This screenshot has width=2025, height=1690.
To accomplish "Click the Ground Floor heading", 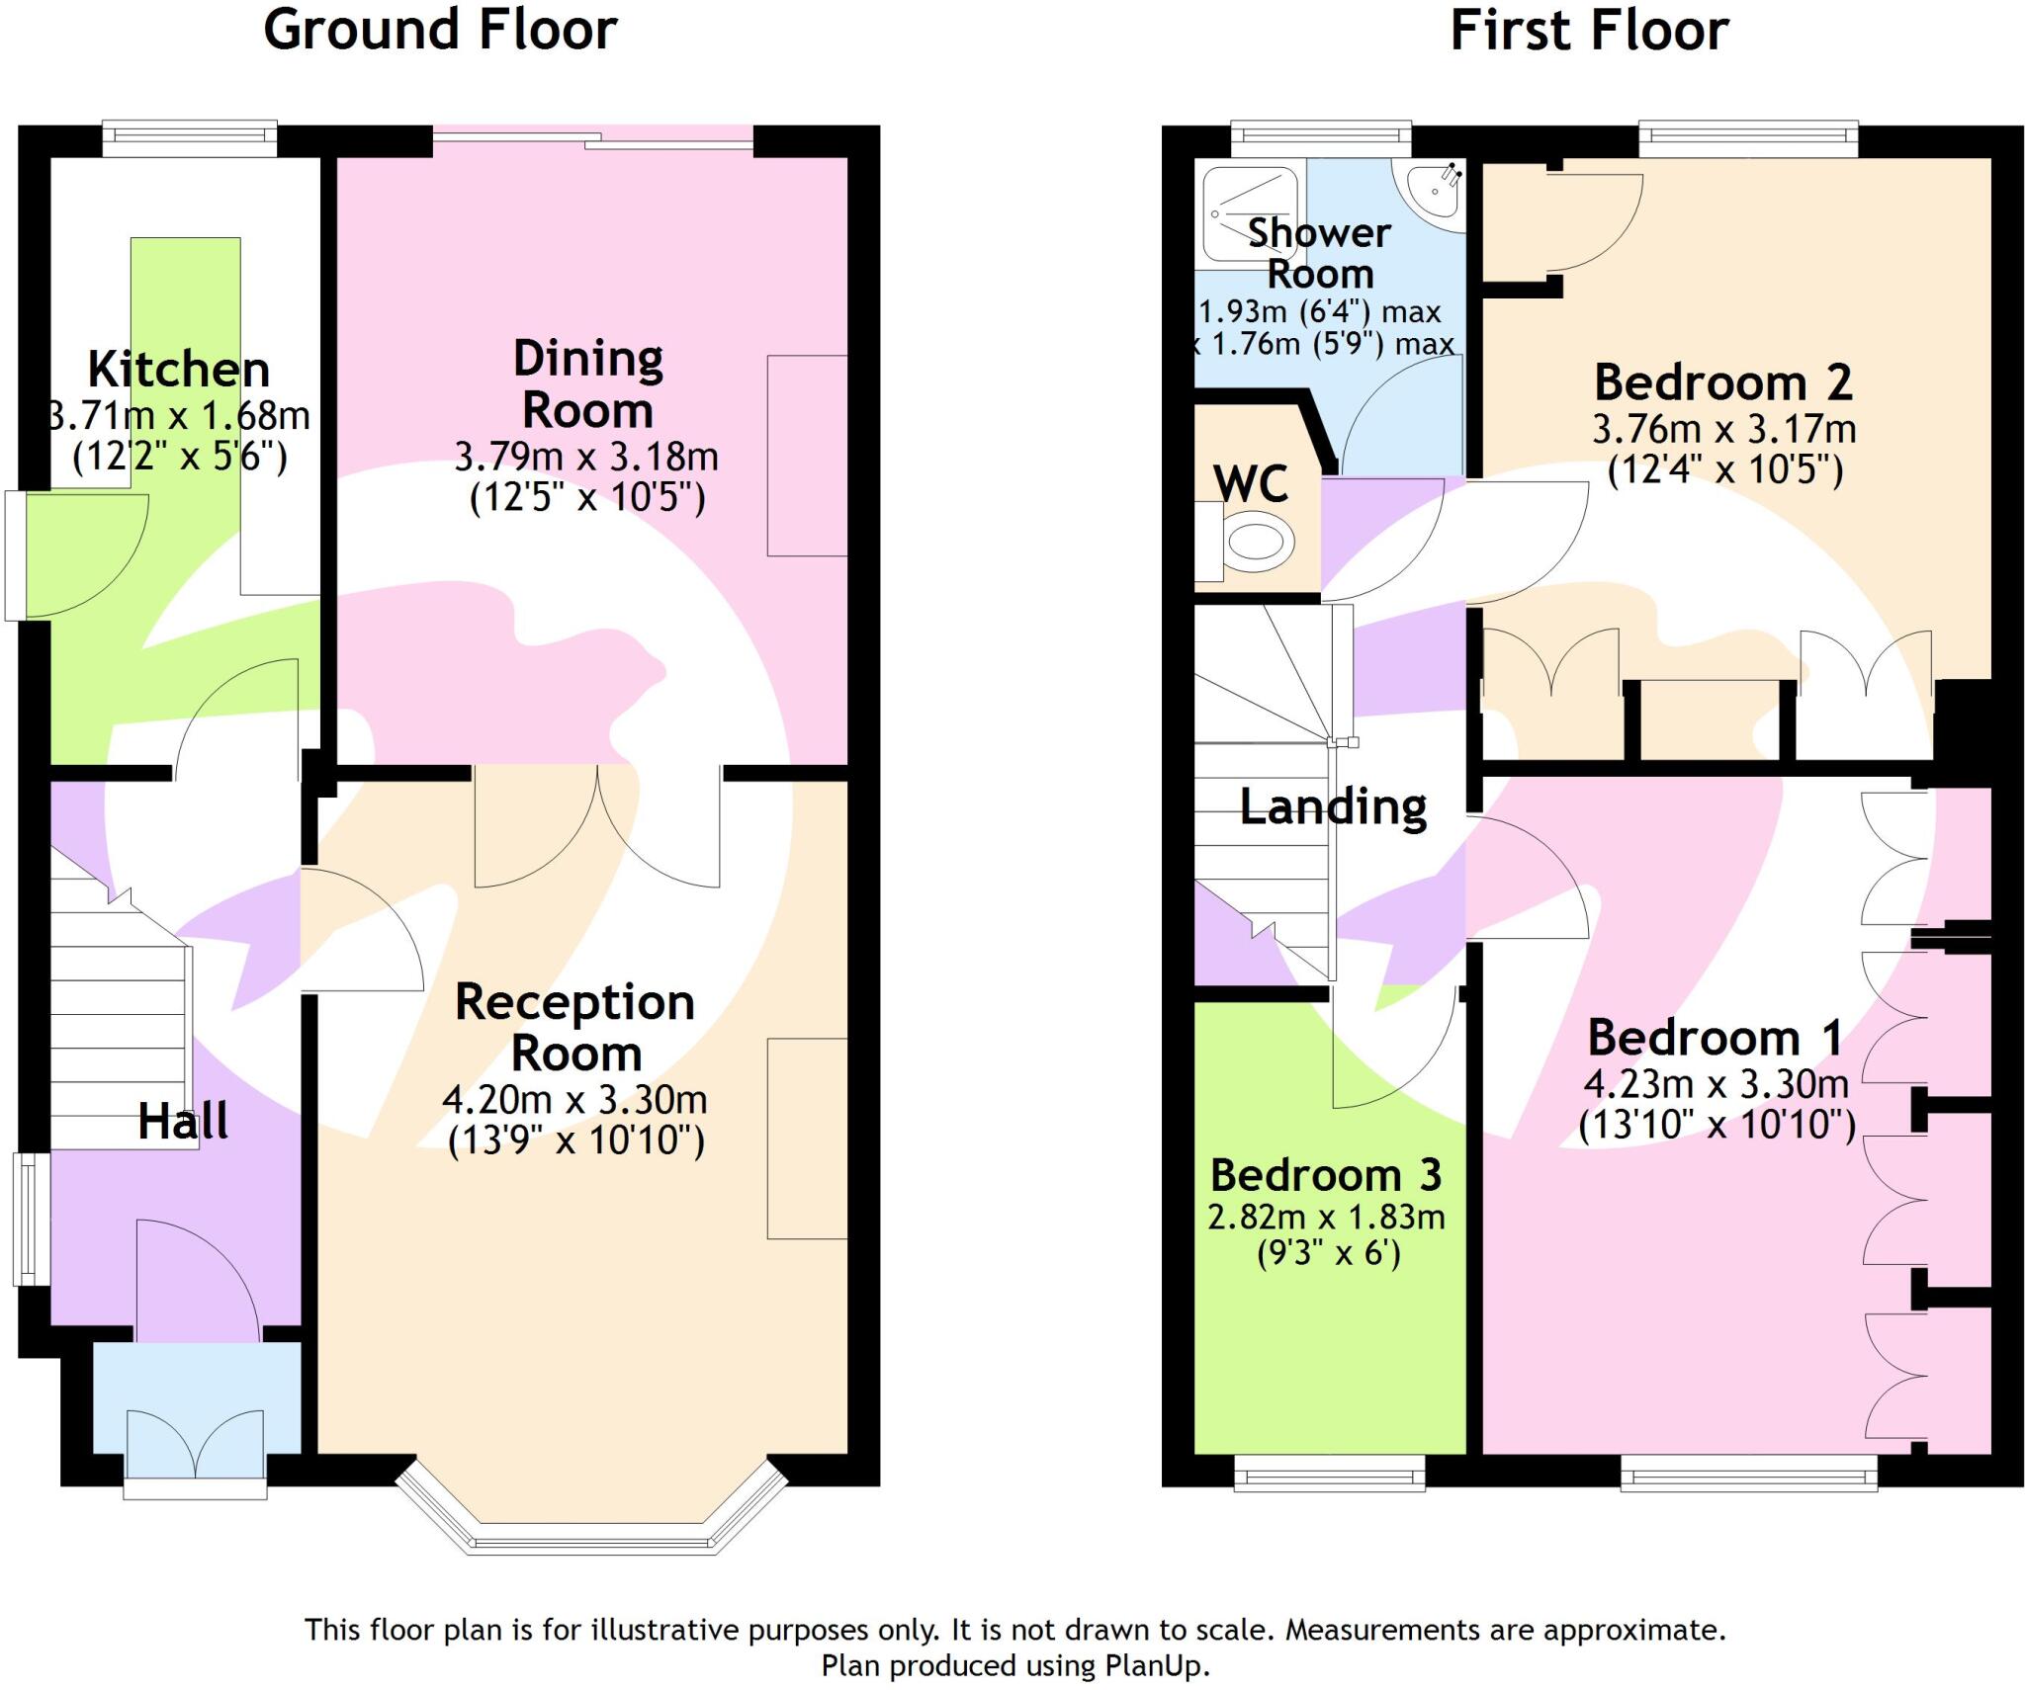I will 440,30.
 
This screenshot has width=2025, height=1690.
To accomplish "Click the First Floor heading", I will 1589,30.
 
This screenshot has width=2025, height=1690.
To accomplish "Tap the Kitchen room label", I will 179,370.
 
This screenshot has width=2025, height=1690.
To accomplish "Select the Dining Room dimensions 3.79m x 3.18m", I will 586,457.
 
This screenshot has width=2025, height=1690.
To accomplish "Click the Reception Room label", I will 575,1028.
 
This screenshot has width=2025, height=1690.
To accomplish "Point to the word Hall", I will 183,1122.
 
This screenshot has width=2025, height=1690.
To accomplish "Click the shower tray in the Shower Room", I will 1249,212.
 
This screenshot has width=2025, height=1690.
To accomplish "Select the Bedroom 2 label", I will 1723,382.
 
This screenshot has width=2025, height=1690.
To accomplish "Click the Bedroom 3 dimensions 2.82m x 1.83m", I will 1327,1217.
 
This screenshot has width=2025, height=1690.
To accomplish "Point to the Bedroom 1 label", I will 1716,1039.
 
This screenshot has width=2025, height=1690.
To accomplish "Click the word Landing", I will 1333,807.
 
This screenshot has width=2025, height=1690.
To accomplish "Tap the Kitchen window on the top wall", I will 191,137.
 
